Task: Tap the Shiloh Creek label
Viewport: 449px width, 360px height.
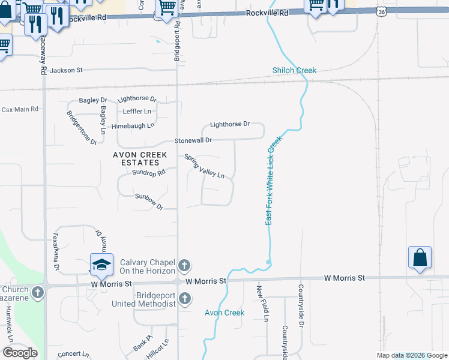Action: pos(294,71)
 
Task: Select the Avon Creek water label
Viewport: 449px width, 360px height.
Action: pos(224,313)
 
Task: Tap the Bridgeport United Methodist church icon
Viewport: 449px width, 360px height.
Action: pos(185,298)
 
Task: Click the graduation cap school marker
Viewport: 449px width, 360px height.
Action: pos(101,265)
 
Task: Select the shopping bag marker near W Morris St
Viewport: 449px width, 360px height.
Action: pos(420,257)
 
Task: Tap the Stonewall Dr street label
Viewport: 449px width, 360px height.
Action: pos(193,140)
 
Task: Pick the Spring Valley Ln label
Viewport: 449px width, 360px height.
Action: pos(204,167)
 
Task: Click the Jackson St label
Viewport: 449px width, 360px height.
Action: pos(66,71)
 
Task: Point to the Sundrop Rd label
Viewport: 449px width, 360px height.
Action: pos(148,173)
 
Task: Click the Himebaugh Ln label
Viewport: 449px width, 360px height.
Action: pos(137,125)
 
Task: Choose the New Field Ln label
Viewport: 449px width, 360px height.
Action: pos(260,301)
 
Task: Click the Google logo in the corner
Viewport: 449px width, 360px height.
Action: pos(20,353)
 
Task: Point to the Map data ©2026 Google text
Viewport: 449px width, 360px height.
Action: pos(412,355)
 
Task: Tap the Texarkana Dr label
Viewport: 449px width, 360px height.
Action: pos(56,251)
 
